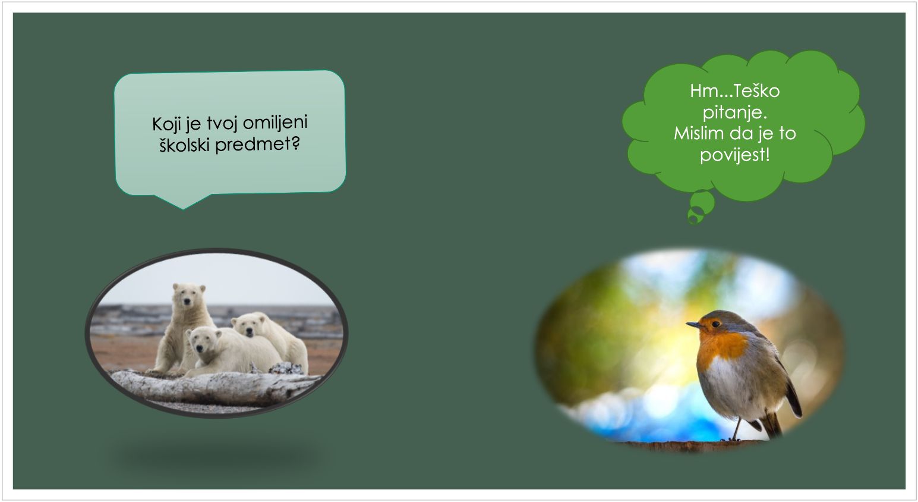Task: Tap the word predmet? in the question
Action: point(258,145)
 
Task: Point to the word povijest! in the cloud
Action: point(735,155)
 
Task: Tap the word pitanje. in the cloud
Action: point(735,112)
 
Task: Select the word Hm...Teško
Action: point(735,90)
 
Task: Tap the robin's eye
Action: point(715,324)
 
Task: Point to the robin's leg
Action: point(736,429)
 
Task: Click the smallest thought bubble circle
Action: point(693,219)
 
